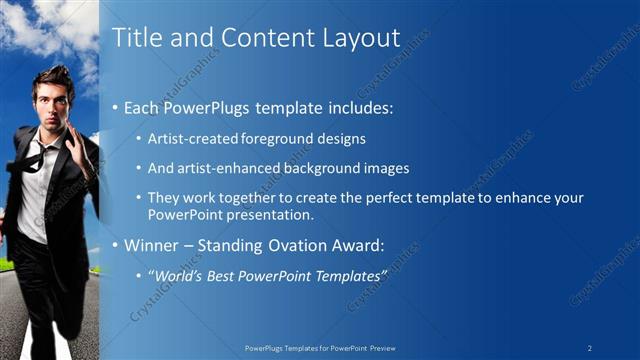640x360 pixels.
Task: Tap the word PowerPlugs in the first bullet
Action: (204, 106)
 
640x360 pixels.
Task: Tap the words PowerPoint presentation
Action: (230, 214)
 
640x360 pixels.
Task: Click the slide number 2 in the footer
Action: (591, 347)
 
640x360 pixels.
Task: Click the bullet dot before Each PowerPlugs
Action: (116, 107)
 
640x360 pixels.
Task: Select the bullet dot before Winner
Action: (116, 245)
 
